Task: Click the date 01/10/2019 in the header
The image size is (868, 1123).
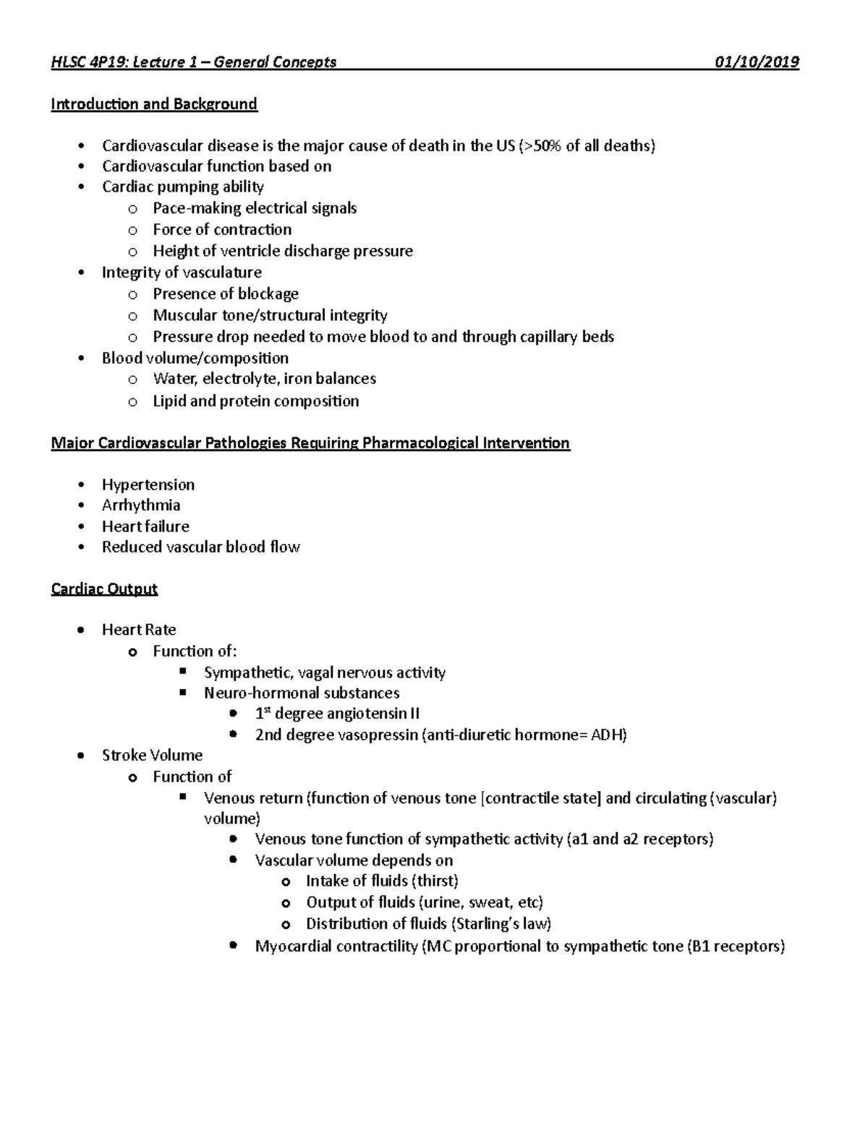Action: click(x=757, y=62)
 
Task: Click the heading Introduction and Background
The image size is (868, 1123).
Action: click(x=154, y=104)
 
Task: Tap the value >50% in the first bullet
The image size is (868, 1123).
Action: click(x=540, y=146)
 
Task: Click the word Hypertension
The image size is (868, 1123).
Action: click(x=148, y=484)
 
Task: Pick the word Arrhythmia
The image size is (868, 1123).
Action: click(x=141, y=505)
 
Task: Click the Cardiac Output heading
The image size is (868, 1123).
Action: click(x=104, y=589)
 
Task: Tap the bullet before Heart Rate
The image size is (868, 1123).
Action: click(x=81, y=630)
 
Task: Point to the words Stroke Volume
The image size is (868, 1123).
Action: click(x=152, y=756)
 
